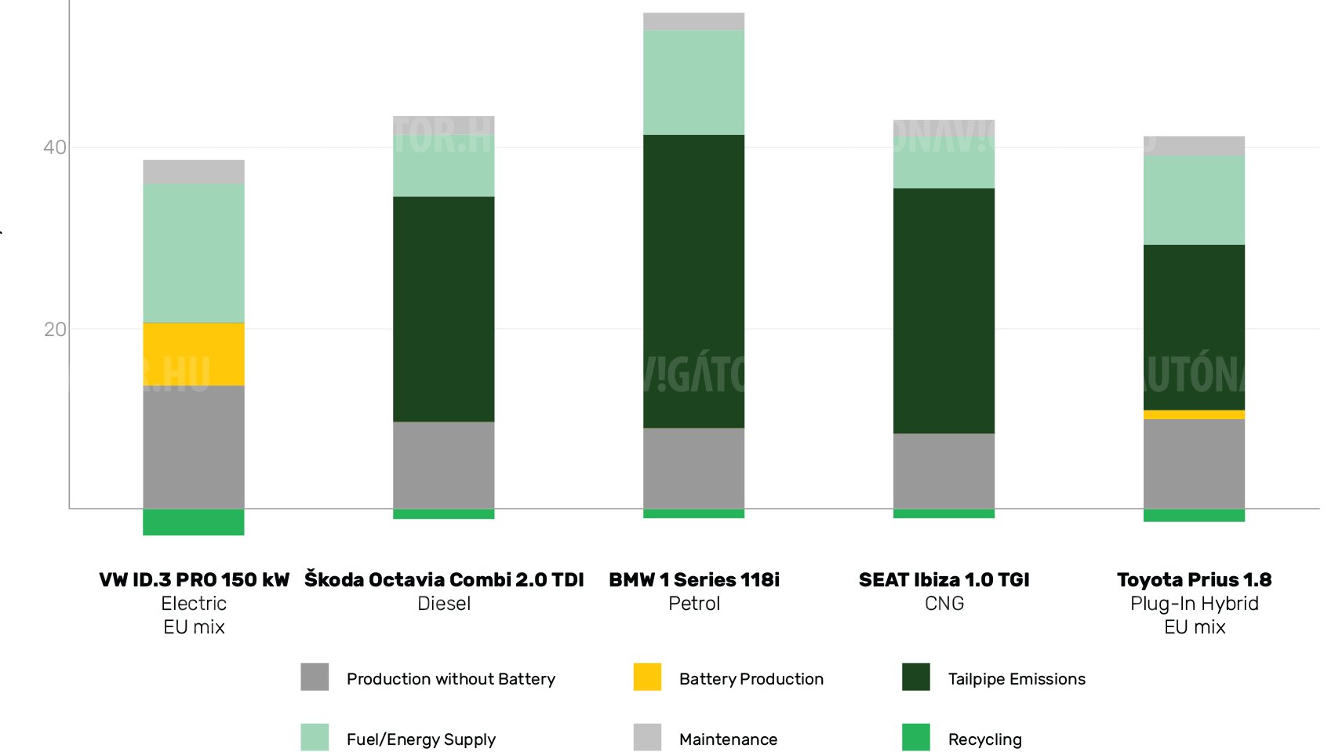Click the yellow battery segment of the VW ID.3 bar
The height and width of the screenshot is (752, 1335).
pos(193,354)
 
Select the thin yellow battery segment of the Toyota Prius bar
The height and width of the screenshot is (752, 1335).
pos(1194,414)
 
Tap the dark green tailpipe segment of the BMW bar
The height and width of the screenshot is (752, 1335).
pos(693,281)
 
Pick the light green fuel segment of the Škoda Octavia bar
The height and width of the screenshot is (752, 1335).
pos(443,166)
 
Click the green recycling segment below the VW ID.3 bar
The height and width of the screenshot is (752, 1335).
pos(193,522)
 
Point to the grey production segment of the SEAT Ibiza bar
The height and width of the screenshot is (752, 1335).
pos(944,471)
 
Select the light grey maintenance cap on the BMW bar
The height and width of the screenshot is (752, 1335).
pos(693,21)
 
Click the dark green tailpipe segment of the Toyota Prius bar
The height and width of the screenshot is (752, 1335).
pos(1194,327)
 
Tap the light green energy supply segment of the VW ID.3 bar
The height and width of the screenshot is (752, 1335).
pos(193,253)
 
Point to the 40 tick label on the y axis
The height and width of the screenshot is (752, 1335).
pos(54,148)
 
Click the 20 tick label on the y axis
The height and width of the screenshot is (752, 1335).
pos(54,330)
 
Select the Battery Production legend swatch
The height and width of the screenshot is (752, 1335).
pos(647,677)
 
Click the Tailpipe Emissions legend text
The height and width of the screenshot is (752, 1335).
pos(1017,679)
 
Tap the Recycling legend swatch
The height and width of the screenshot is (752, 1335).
pos(915,737)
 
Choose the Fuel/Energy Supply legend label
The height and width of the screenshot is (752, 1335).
pos(421,739)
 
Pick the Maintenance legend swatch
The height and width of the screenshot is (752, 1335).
pos(647,737)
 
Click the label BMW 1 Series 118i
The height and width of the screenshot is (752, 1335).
pos(693,580)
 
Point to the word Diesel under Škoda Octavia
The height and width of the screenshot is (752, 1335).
pos(444,604)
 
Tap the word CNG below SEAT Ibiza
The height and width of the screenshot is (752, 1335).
pos(944,604)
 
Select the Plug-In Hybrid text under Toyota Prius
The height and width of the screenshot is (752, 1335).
pos(1194,604)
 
